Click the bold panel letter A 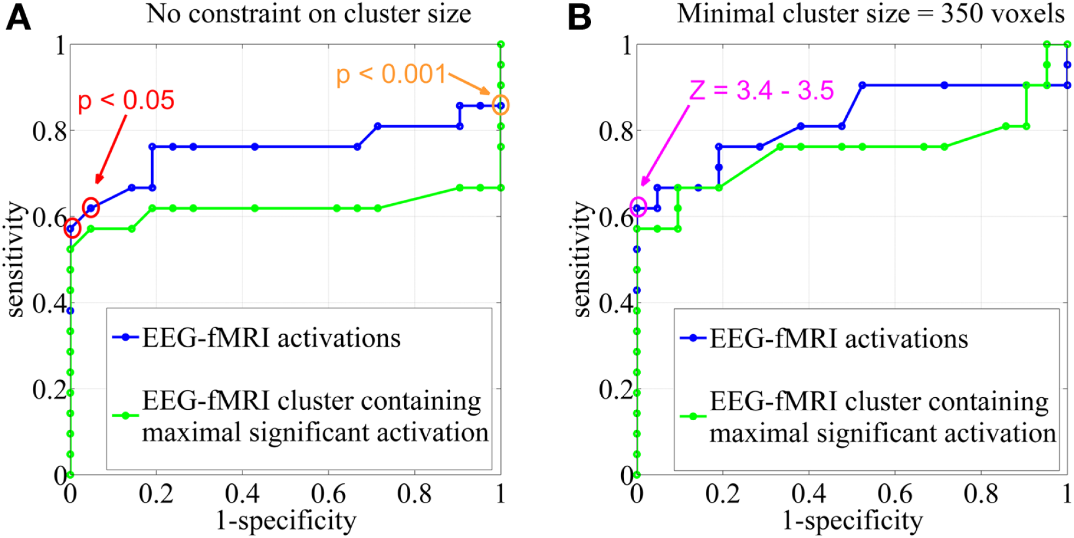[18, 17]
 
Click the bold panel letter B [579, 17]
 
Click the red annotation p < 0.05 [126, 101]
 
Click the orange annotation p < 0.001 [391, 74]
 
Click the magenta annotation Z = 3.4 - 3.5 [761, 90]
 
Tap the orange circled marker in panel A [500, 105]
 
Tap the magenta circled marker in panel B [638, 207]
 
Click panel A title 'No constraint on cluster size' [308, 14]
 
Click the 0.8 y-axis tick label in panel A [49, 131]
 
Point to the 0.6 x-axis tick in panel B [894, 494]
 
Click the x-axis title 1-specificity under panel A [286, 520]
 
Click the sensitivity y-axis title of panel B [583, 259]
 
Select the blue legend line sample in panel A [125, 337]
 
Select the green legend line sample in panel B [693, 416]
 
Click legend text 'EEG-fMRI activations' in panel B [838, 339]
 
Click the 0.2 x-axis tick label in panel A [156, 494]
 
